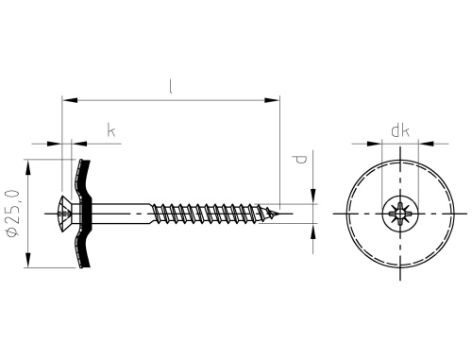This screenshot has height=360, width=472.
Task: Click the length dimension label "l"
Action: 171,87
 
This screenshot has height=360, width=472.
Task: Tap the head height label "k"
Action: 111,130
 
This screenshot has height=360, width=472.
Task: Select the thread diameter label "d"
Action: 301,160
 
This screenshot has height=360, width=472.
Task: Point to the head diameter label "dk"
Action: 400,130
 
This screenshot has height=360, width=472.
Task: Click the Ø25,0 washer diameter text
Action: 13,214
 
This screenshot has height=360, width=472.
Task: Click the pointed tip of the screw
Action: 279,214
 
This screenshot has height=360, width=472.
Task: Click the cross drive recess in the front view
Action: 400,214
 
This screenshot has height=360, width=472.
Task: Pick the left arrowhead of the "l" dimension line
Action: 70,100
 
